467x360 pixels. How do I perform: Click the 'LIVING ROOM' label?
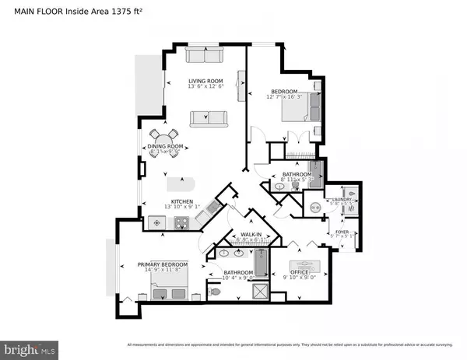tap(206, 80)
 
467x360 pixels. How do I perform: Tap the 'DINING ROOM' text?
tap(166, 147)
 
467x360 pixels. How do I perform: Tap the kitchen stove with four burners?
tap(183, 223)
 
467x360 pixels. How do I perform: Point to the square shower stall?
tap(258, 292)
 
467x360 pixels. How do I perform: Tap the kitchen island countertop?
tap(184, 184)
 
